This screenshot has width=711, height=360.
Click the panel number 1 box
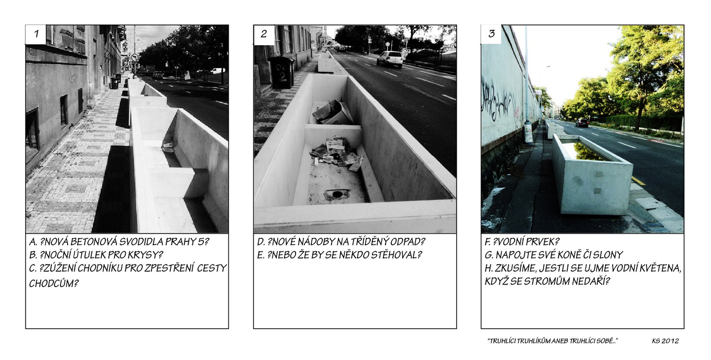coord(36,34)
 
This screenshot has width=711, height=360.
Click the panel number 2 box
coord(264,34)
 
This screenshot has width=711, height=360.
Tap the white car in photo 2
coord(390,59)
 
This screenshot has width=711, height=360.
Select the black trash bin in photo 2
coord(282,72)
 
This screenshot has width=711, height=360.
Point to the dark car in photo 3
coord(582,122)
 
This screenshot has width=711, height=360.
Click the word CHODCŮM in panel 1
coord(54,283)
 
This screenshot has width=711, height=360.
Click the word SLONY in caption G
coord(607,255)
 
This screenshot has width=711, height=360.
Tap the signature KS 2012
coord(665,341)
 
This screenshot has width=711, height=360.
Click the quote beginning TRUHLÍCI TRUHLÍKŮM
coord(553,341)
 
